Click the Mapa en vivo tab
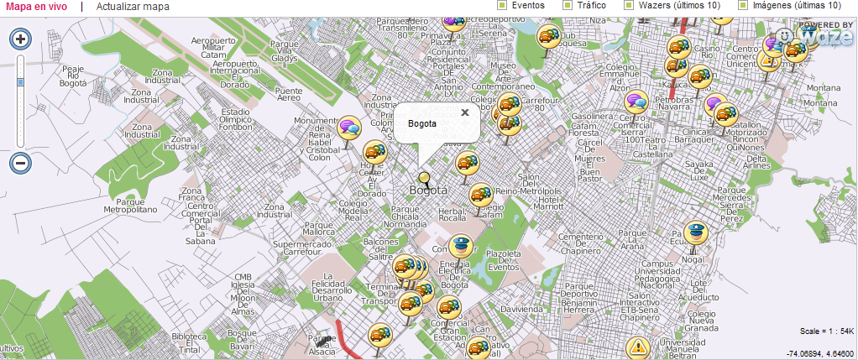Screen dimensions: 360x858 (36, 7)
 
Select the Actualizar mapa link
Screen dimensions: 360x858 (133, 7)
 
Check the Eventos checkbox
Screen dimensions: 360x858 (502, 5)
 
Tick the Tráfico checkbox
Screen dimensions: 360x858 (568, 5)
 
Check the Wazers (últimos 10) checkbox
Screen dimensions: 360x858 (629, 5)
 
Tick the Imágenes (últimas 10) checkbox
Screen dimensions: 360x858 (742, 5)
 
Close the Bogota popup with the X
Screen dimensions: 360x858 (464, 112)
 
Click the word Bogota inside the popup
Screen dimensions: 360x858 (421, 124)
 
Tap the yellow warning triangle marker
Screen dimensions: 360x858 (639, 346)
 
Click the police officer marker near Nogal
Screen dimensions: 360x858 (695, 233)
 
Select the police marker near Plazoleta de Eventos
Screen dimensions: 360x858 (460, 246)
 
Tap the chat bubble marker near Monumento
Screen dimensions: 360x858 (349, 128)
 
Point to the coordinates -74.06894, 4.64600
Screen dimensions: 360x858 (819, 352)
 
